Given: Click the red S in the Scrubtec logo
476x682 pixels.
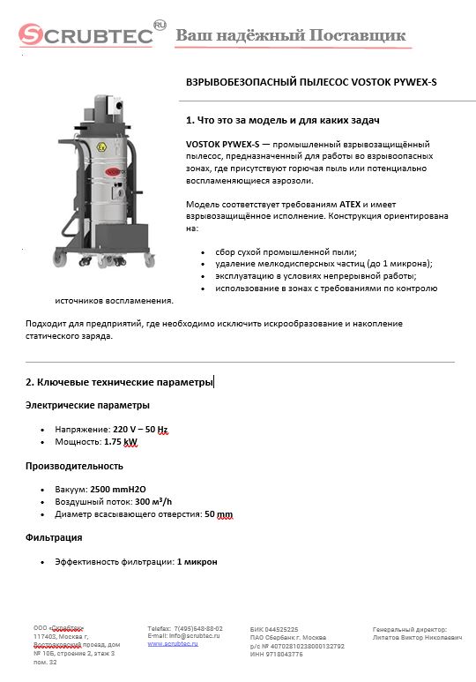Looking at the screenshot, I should [33, 36].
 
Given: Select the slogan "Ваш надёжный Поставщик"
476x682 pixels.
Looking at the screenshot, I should [291, 35].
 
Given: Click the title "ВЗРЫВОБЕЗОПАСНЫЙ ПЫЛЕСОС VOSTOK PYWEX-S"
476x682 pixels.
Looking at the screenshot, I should [311, 81].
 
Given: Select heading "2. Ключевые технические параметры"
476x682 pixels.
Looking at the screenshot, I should [119, 382].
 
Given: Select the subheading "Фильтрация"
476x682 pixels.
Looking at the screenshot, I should [54, 537].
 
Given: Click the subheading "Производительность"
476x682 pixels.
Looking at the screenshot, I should [74, 465].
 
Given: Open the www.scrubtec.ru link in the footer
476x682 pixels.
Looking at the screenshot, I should [172, 644].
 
